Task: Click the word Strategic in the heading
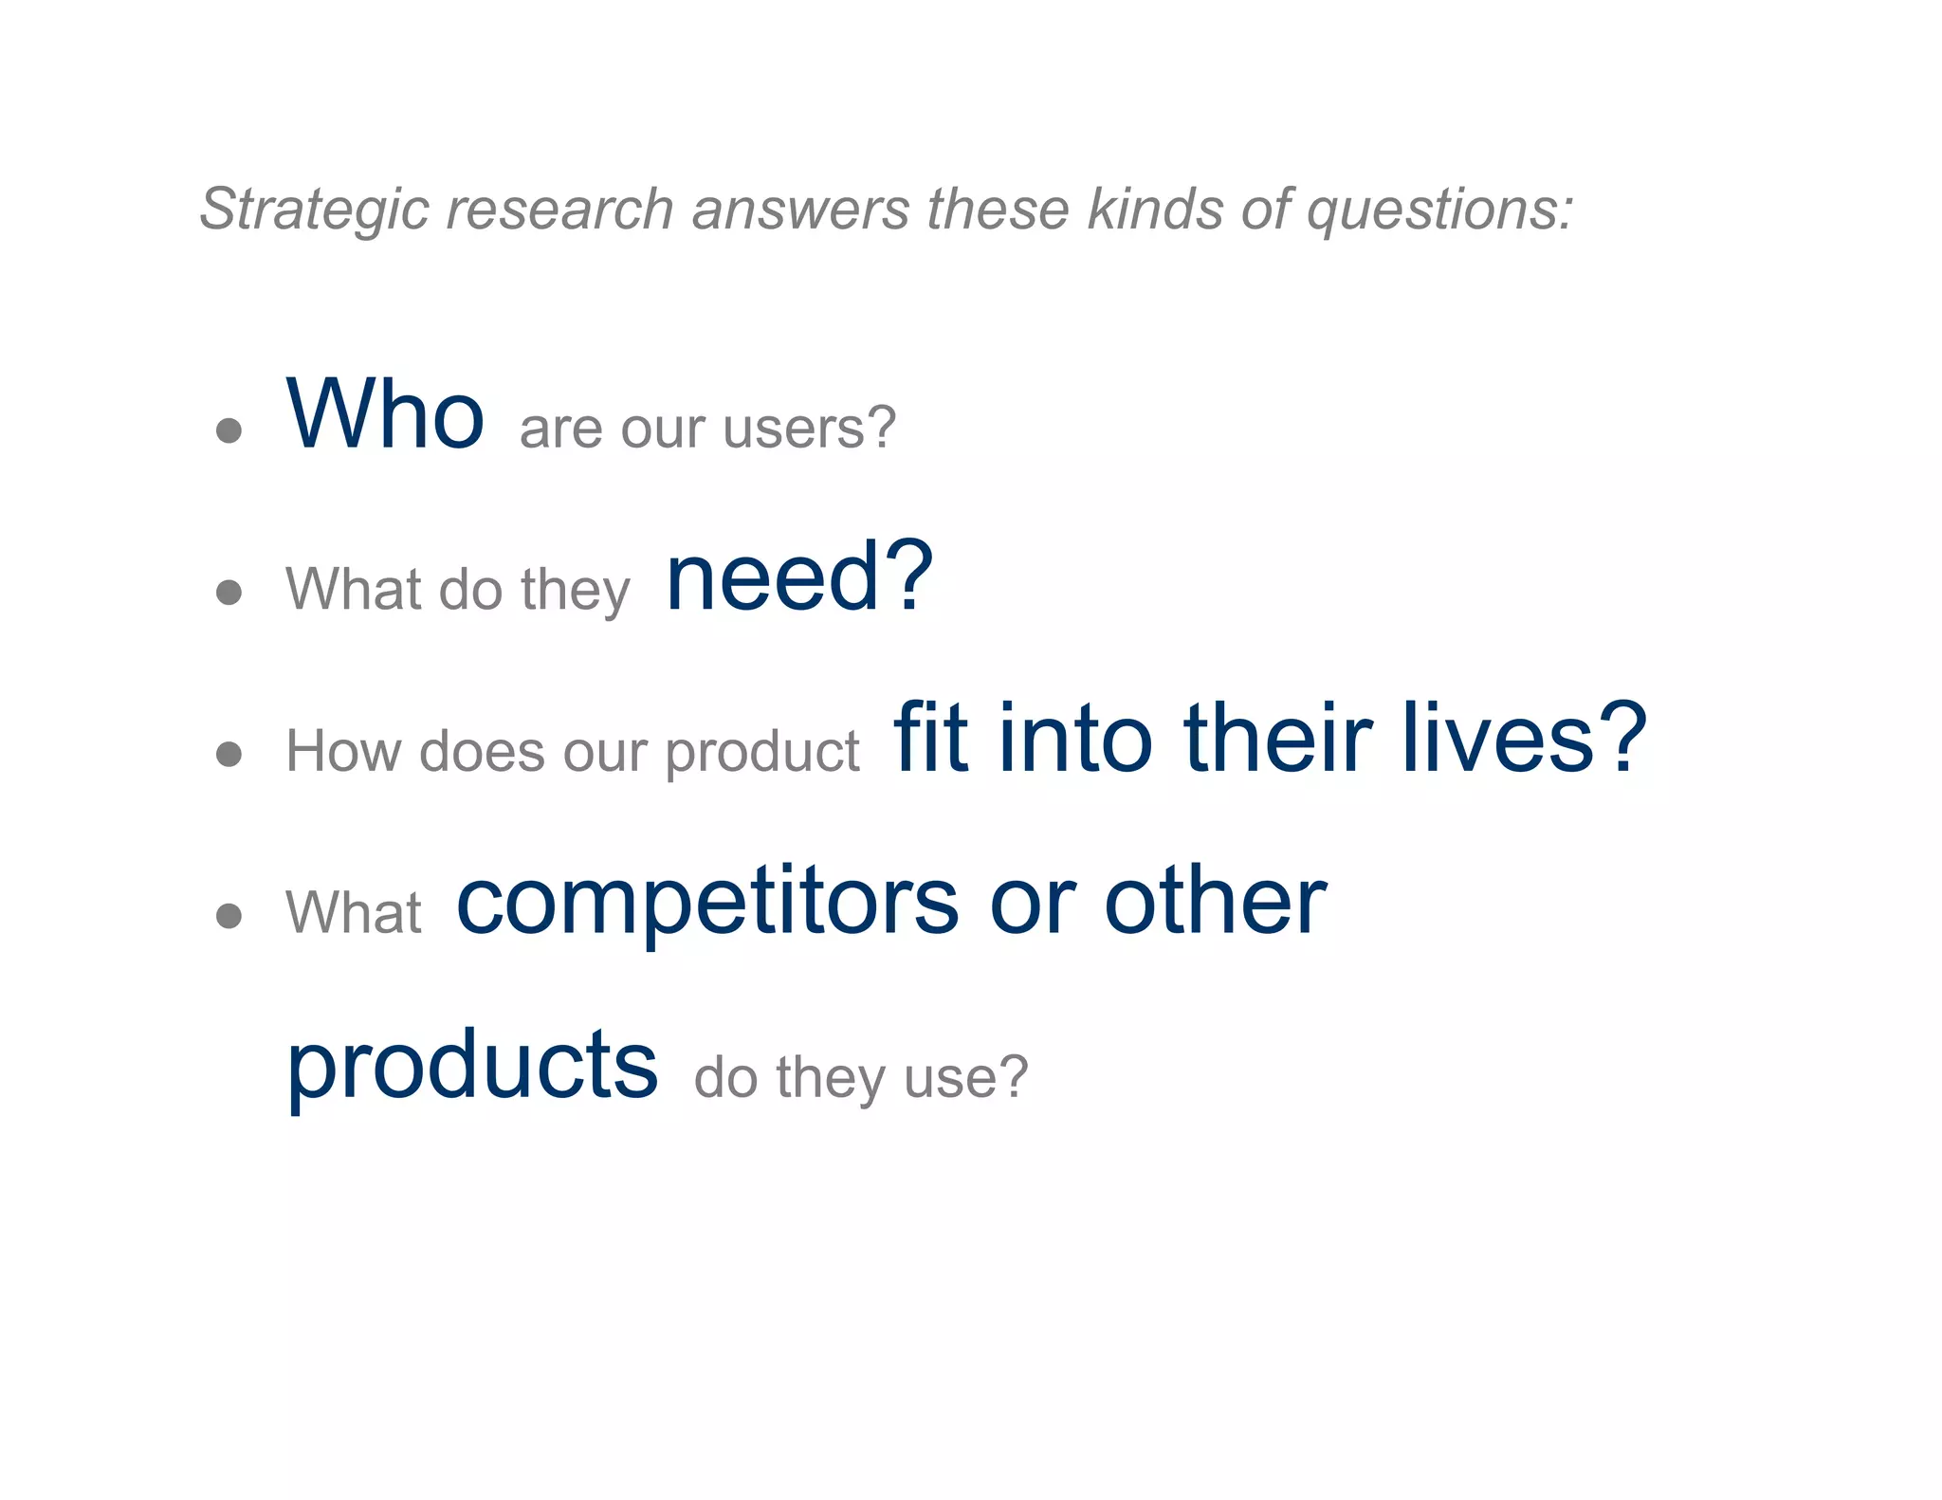tap(313, 210)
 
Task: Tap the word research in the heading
tap(559, 210)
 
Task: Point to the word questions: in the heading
tap(1439, 210)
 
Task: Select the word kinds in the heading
tap(1156, 208)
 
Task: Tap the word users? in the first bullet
tap(809, 428)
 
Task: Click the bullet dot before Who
tap(229, 431)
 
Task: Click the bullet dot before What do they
tap(229, 593)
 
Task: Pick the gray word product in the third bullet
tap(762, 753)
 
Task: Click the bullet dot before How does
tap(229, 754)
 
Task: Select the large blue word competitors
tap(707, 903)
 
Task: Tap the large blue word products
tap(472, 1066)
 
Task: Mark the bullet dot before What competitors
tap(229, 915)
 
